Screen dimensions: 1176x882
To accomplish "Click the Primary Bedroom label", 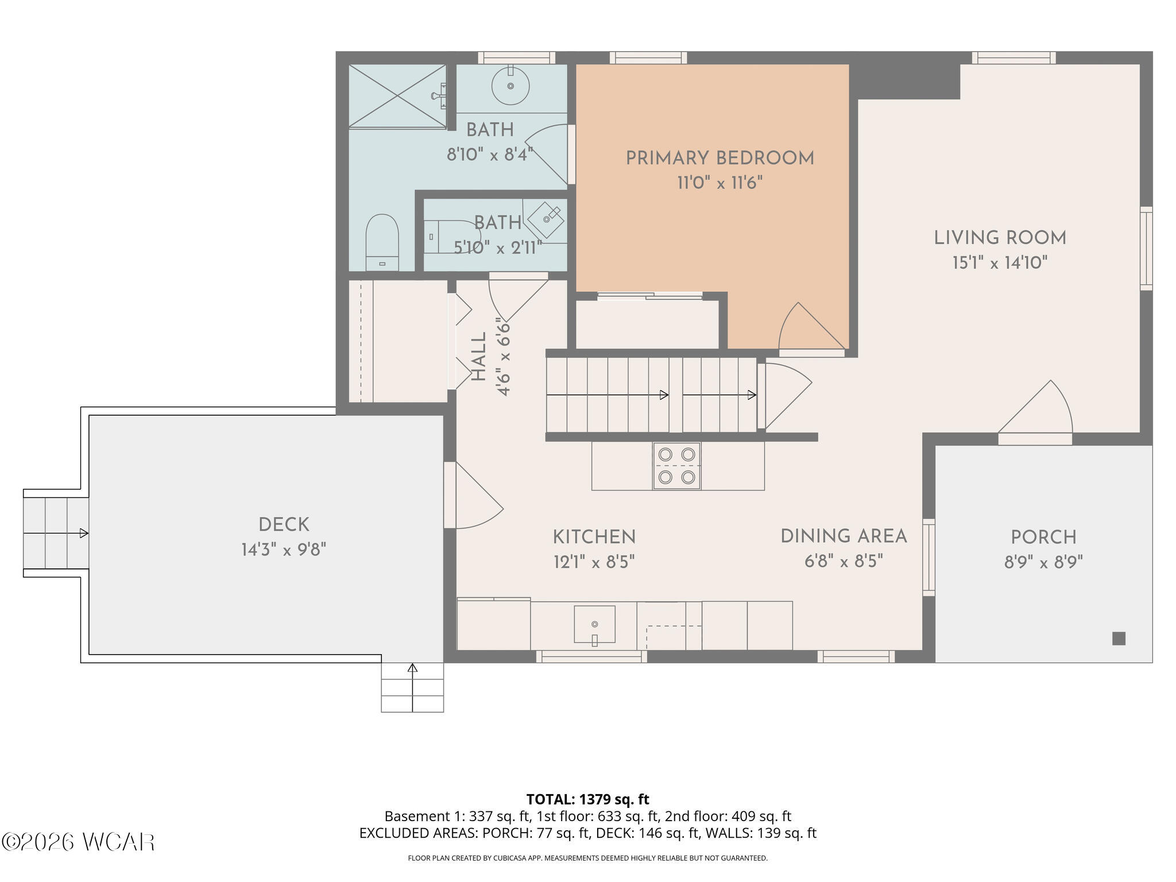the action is pyautogui.click(x=719, y=158).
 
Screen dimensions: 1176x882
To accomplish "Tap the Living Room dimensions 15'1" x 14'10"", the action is pyautogui.click(x=1000, y=263).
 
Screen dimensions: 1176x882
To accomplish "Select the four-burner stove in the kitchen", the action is pyautogui.click(x=676, y=466).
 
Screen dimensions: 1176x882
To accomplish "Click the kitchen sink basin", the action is pyautogui.click(x=595, y=624).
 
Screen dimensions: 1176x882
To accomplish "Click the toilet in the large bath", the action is pyautogui.click(x=382, y=242).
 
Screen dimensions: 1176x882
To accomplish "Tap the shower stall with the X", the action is pyautogui.click(x=397, y=96).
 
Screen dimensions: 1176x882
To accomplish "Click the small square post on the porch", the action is pyautogui.click(x=1119, y=638).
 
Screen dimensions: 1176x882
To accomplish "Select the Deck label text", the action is pyautogui.click(x=284, y=525).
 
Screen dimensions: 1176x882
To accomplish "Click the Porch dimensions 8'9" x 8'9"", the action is pyautogui.click(x=1043, y=562).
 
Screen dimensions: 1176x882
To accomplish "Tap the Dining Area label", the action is pyautogui.click(x=844, y=536).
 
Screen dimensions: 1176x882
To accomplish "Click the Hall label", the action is pyautogui.click(x=479, y=357).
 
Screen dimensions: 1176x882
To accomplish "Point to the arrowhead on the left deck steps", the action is pyautogui.click(x=84, y=533).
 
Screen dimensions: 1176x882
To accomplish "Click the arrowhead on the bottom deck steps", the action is pyautogui.click(x=412, y=668).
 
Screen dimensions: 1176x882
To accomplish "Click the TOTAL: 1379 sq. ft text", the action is pyautogui.click(x=587, y=799).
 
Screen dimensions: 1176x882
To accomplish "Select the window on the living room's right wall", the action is pyautogui.click(x=1146, y=248).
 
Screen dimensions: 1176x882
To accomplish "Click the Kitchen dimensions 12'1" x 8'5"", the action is pyautogui.click(x=594, y=562).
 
